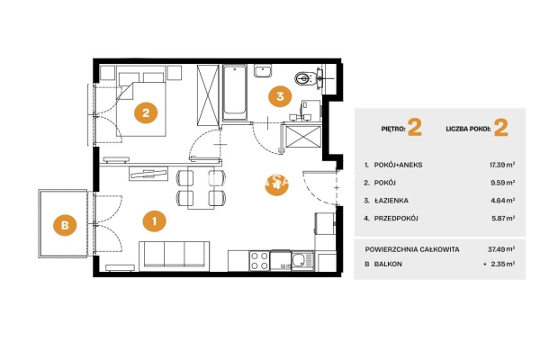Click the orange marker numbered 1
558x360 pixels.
154,221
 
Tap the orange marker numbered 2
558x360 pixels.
146,112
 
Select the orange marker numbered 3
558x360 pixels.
280,96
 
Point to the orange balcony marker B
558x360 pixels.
65,225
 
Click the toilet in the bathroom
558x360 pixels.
305,78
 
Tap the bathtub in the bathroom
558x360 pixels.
235,93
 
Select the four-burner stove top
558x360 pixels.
259,261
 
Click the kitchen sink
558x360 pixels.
302,261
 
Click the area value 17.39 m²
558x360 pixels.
502,165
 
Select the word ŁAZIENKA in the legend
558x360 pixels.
391,201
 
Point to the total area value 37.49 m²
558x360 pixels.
501,249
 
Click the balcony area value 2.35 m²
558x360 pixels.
503,264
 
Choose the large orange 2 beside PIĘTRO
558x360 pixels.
415,128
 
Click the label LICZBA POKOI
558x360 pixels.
468,129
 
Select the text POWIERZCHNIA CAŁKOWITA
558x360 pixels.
412,249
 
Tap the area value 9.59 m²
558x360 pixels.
503,183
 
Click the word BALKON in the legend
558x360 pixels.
388,264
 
